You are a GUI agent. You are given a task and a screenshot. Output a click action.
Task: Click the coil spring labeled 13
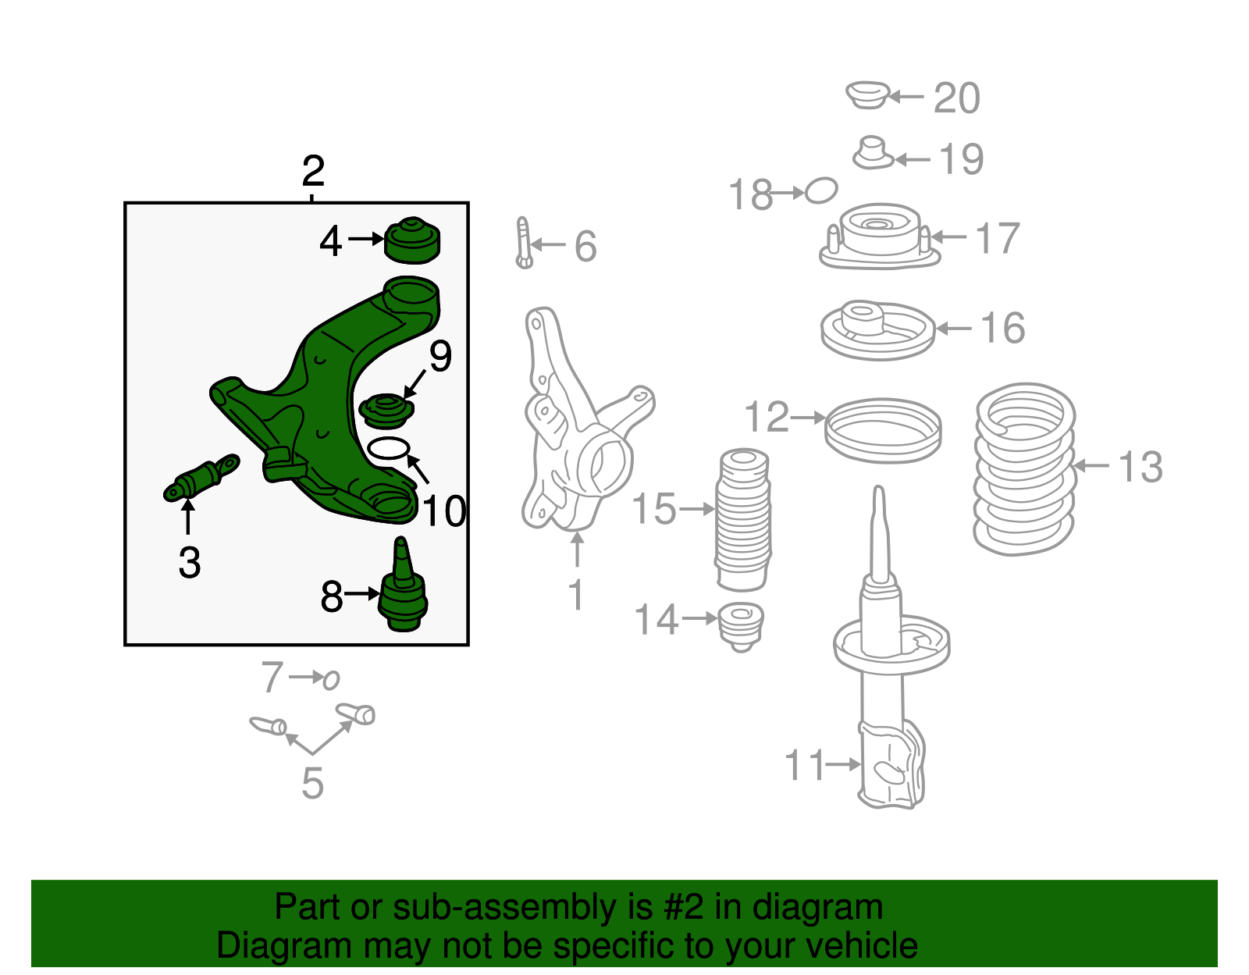click(x=1024, y=468)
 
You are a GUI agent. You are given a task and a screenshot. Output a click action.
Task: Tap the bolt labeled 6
click(x=524, y=243)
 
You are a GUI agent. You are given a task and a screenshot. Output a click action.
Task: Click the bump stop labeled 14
click(x=741, y=626)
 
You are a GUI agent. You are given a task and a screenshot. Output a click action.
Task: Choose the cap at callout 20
click(x=867, y=94)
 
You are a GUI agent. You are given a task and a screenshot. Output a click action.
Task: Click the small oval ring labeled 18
click(x=821, y=190)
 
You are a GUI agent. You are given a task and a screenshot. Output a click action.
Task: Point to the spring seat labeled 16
click(x=878, y=330)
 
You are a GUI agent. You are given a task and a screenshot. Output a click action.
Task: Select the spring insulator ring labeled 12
click(x=883, y=430)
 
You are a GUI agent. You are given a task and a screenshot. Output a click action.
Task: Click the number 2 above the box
click(x=313, y=170)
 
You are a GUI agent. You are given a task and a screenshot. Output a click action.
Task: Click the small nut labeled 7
click(x=332, y=680)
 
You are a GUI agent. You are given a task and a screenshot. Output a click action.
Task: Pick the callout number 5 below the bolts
click(x=312, y=783)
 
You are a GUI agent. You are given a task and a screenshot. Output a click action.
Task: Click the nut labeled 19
click(x=872, y=154)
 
